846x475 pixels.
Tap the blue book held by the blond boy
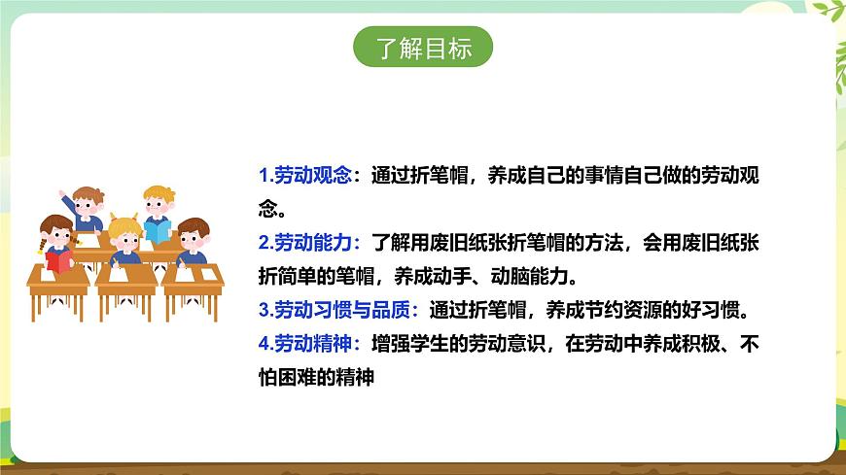click(158, 230)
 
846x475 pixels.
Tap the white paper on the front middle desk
click(127, 274)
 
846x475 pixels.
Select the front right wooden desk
click(193, 284)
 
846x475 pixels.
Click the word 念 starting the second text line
click(267, 210)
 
